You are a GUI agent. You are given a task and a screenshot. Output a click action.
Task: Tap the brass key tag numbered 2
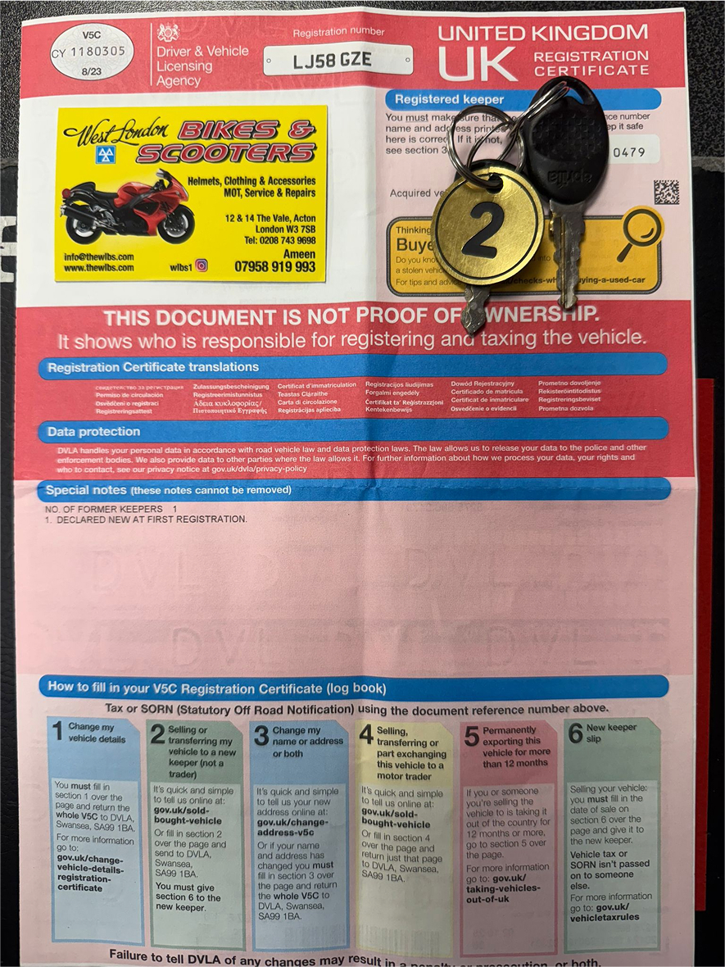[x=486, y=226]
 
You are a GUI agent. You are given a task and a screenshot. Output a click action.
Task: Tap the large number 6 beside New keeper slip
[x=575, y=733]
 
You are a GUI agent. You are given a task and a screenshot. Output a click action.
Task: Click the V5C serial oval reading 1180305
[x=92, y=51]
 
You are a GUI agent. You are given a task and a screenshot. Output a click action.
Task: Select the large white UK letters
[x=478, y=62]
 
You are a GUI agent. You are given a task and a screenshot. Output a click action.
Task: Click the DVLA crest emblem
[x=169, y=33]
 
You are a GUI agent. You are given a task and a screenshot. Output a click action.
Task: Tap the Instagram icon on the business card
[x=202, y=266]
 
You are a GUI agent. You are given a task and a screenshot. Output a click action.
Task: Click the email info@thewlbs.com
[x=99, y=256]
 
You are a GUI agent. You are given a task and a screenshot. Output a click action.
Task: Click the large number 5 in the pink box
[x=471, y=735]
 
